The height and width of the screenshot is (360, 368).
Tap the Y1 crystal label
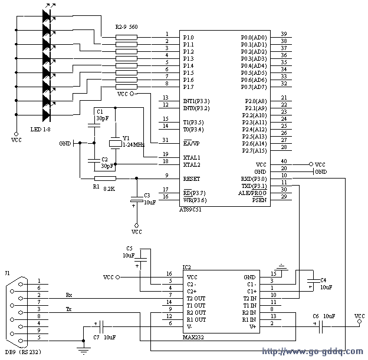(x=126, y=138)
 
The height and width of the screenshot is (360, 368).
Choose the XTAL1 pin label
(x=192, y=157)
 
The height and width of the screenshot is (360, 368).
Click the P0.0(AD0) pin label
(x=254, y=38)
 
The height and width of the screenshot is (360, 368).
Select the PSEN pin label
(x=259, y=200)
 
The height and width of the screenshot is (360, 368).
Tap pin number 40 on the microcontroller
(x=284, y=161)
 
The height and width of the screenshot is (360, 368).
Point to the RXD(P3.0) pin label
(x=254, y=179)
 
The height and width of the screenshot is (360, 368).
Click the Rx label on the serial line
(x=69, y=295)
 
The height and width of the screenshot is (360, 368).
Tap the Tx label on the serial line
(x=69, y=309)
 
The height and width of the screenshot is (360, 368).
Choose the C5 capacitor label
(x=130, y=249)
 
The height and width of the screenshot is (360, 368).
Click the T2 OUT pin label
(x=197, y=298)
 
